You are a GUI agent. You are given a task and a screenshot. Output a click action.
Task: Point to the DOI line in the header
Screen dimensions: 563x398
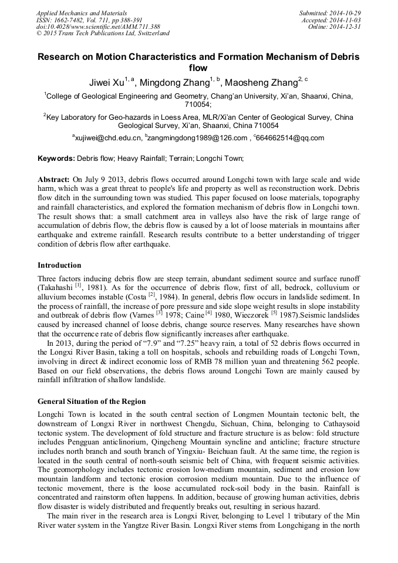pos(98,26)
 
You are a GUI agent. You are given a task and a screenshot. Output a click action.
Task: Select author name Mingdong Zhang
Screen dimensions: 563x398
pos(174,82)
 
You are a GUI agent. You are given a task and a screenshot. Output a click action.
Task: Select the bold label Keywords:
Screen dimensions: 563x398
pos(56,159)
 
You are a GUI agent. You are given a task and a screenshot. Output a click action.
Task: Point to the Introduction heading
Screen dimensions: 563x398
pos(59,265)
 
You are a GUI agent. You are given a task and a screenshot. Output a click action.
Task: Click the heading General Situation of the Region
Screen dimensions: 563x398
pos(92,402)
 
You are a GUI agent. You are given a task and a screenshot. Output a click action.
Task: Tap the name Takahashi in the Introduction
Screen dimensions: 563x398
pos(56,287)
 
